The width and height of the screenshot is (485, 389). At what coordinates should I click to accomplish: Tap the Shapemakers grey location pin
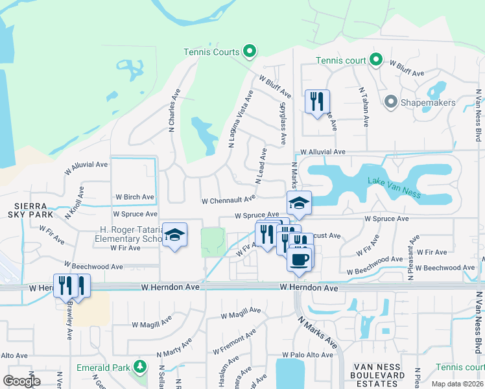point(390,102)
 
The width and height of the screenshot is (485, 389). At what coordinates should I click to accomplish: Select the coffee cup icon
point(299,261)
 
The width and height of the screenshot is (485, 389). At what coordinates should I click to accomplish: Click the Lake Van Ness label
point(394,185)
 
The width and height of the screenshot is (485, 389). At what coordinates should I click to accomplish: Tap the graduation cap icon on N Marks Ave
point(299,204)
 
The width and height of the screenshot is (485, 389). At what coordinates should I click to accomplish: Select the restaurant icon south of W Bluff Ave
point(317,102)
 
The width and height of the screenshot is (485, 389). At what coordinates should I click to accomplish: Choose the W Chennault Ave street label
point(229,201)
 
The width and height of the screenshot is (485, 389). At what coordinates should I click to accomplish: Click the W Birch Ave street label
point(135,197)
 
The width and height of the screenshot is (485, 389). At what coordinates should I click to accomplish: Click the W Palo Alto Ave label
point(307,355)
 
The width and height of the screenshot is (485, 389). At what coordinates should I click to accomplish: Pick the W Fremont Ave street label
point(238,340)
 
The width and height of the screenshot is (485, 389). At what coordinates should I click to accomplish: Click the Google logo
point(21,381)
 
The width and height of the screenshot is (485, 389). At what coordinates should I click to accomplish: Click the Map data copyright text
point(457,384)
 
